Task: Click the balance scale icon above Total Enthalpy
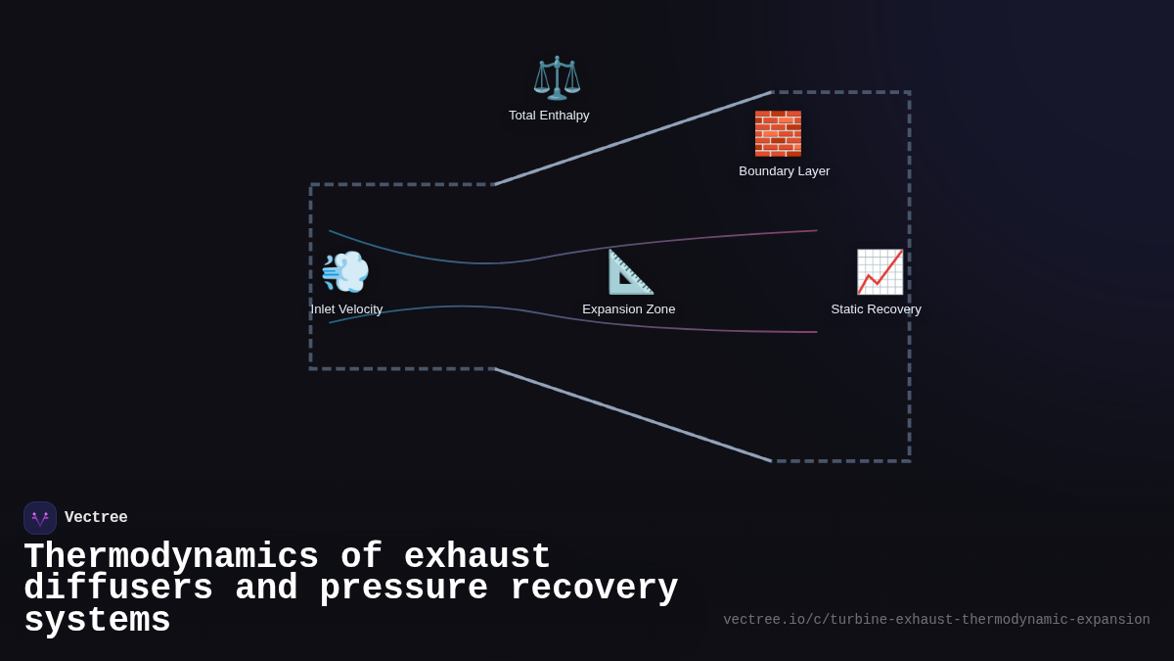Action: click(x=557, y=77)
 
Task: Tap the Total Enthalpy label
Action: click(x=549, y=116)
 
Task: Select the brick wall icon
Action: click(x=778, y=133)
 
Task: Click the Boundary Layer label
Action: click(x=784, y=171)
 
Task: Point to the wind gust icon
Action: click(x=345, y=271)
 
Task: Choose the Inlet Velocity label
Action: click(x=346, y=309)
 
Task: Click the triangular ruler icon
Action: click(x=630, y=271)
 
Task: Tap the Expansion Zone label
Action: click(x=628, y=309)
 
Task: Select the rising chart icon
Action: click(x=880, y=271)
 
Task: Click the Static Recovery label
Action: click(x=876, y=309)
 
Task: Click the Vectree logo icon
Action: click(x=40, y=518)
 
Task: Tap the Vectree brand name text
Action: click(x=96, y=518)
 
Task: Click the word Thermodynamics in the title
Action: click(x=171, y=557)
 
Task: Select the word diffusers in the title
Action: click(x=118, y=589)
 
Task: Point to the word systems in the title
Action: click(x=97, y=621)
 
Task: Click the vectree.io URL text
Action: click(x=936, y=620)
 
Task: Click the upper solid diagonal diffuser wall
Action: click(x=633, y=138)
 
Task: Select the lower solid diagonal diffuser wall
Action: click(x=633, y=415)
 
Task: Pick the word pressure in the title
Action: click(x=403, y=589)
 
